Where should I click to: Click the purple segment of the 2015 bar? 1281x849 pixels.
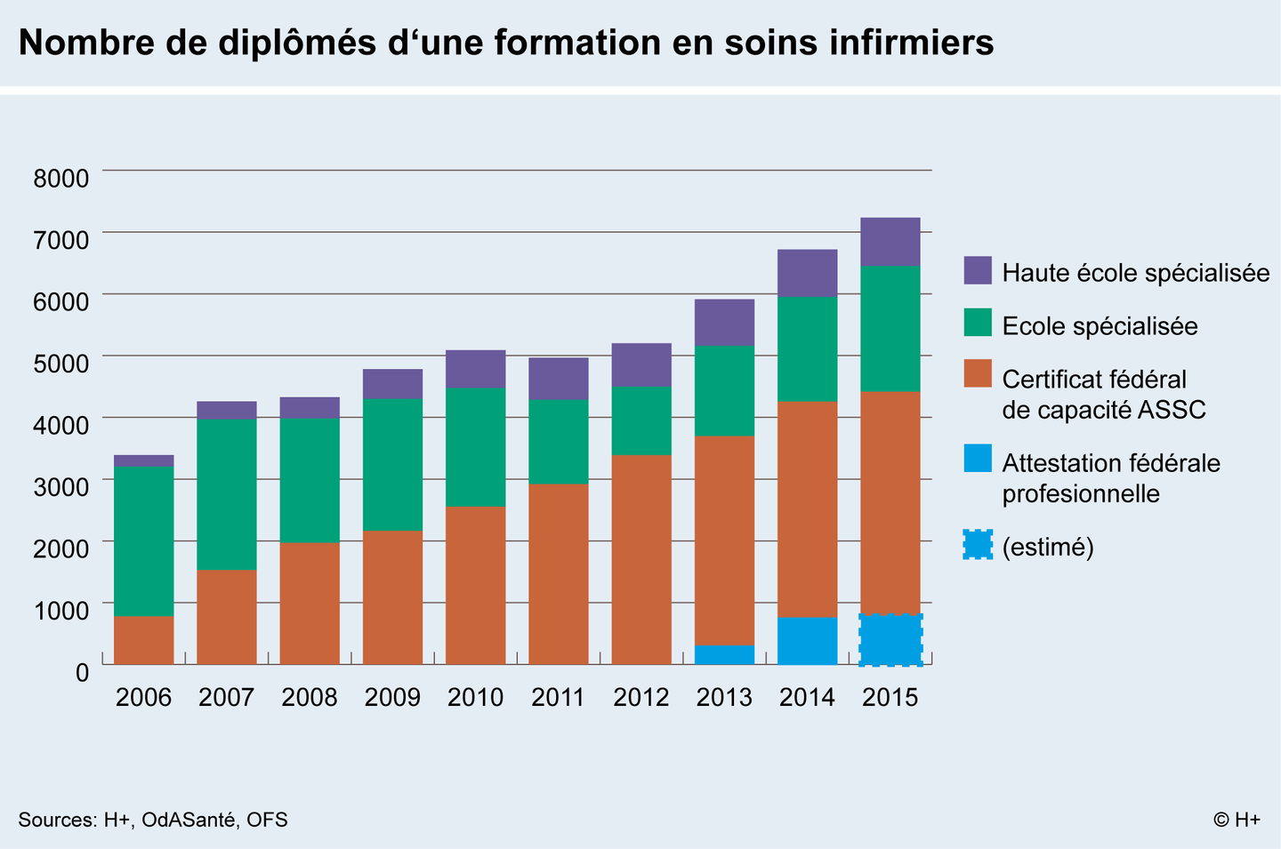click(890, 242)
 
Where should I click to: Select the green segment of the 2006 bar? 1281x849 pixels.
click(144, 541)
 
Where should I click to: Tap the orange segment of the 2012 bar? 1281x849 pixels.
click(641, 559)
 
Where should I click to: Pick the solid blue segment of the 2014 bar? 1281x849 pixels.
click(807, 641)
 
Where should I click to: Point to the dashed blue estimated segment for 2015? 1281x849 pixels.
click(890, 639)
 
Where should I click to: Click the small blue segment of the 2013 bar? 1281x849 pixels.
click(724, 654)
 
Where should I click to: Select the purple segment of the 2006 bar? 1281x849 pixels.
click(144, 461)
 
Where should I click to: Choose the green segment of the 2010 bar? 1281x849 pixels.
click(476, 446)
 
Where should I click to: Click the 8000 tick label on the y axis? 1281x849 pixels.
click(61, 179)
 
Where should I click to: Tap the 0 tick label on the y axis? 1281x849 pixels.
click(82, 672)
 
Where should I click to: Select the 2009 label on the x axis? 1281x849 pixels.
click(392, 697)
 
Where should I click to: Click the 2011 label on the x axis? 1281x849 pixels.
click(558, 697)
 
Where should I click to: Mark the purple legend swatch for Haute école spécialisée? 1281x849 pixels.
click(977, 270)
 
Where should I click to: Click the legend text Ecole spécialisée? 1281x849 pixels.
click(1100, 326)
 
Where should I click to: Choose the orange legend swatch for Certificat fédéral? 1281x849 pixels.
click(977, 373)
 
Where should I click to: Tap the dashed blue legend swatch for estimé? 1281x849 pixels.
click(977, 544)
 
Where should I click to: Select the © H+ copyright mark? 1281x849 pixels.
click(1237, 820)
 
